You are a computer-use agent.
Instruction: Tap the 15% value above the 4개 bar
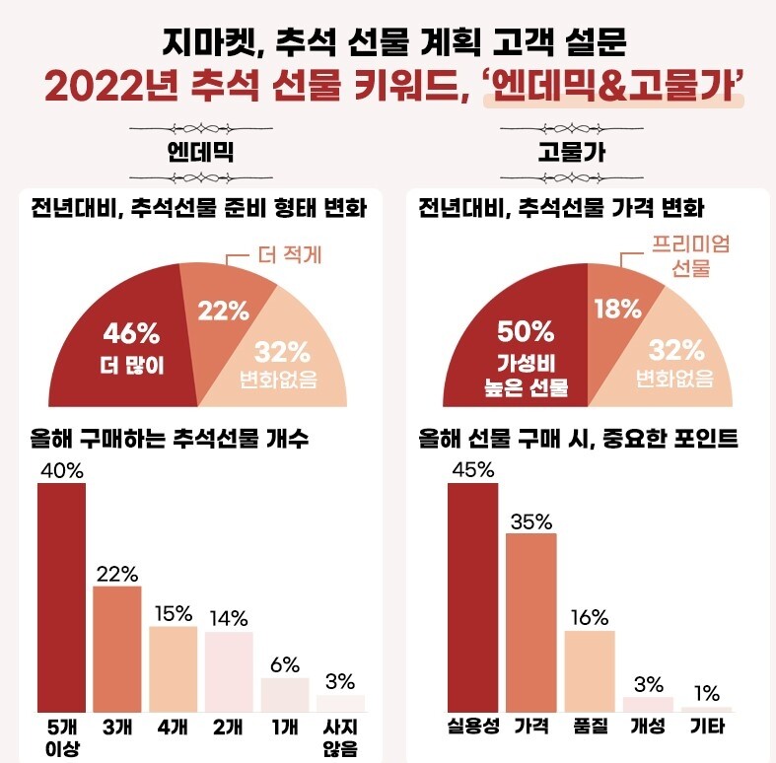pos(173,612)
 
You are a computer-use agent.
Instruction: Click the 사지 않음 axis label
pos(341,737)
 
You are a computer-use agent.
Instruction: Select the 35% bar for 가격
pos(530,621)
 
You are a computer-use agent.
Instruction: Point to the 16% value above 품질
pos(590,617)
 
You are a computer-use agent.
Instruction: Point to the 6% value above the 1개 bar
pos(285,664)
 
